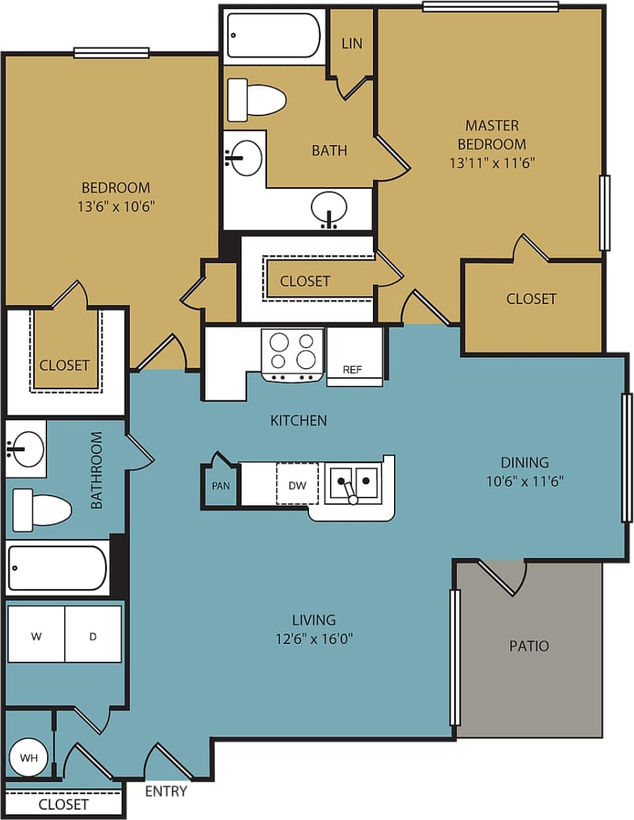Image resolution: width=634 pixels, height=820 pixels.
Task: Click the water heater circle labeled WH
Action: click(29, 757)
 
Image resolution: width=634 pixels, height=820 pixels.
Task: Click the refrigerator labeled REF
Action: click(354, 358)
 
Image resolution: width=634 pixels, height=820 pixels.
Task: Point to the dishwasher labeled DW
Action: click(297, 484)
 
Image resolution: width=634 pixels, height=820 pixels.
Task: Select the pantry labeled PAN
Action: click(221, 484)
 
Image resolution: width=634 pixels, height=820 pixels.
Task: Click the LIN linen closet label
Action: click(352, 43)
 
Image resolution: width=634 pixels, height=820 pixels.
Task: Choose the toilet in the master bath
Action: click(257, 99)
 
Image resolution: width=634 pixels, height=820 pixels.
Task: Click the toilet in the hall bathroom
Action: click(42, 508)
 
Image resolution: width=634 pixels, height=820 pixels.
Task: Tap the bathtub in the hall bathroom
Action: click(57, 568)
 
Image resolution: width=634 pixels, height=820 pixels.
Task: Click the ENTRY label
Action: click(166, 791)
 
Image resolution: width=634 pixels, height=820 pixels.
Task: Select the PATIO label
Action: click(529, 646)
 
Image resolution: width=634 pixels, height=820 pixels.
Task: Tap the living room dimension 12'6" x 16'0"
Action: click(314, 639)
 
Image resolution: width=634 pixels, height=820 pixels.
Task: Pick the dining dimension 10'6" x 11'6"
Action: click(524, 481)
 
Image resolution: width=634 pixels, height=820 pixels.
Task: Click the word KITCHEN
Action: click(298, 421)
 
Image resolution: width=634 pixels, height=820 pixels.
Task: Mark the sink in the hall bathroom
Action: click(25, 448)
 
